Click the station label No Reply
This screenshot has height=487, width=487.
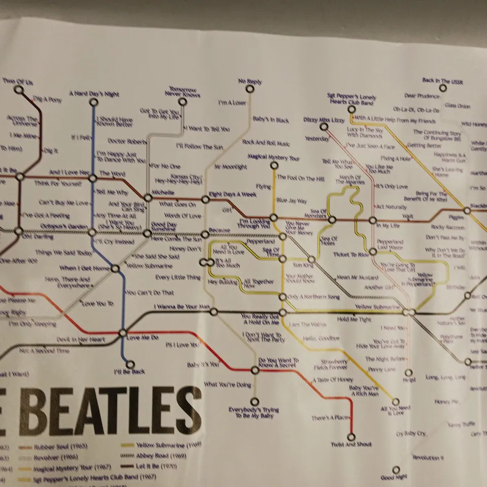(x=250, y=81)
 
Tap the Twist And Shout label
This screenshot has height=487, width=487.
(x=351, y=444)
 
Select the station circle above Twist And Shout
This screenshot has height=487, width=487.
(x=351, y=436)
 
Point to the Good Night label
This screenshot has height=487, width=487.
(x=394, y=478)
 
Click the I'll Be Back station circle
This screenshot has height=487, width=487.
(x=131, y=364)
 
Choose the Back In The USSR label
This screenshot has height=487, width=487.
(x=443, y=81)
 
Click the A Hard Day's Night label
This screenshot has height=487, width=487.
(x=94, y=94)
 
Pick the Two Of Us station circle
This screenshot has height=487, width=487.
(x=19, y=90)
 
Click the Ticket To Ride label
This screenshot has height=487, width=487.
(x=351, y=254)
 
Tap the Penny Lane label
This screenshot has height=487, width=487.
(x=382, y=369)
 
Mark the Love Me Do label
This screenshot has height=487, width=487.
(x=143, y=337)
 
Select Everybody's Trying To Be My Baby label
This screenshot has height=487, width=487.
(x=254, y=412)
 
